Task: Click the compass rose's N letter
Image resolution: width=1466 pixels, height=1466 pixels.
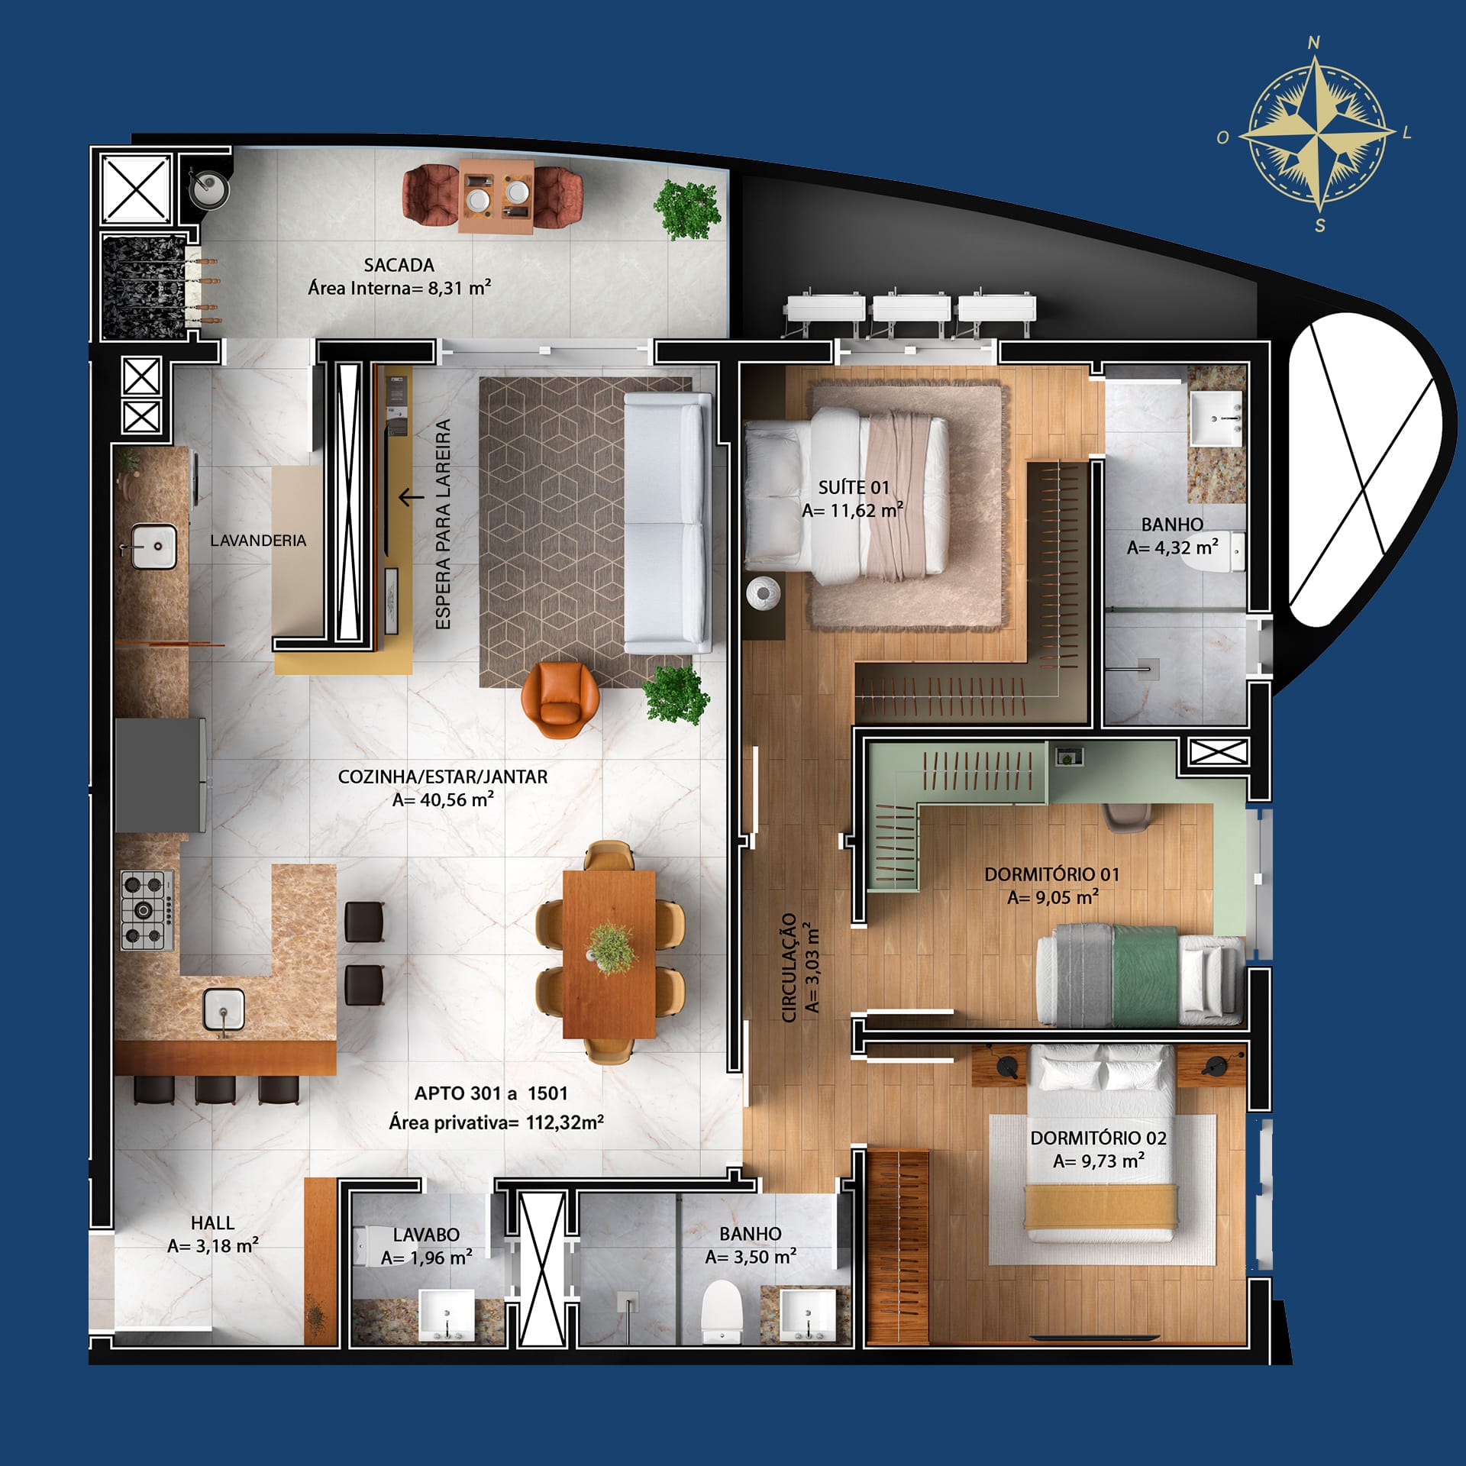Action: [x=1314, y=43]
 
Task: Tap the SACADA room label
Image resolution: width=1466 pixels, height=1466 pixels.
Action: [x=399, y=265]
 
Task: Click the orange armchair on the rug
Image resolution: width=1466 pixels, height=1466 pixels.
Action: [x=560, y=699]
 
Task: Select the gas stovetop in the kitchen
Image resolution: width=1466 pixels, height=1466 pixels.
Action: [x=147, y=910]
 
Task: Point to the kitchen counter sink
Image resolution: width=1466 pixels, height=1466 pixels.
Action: [x=224, y=1009]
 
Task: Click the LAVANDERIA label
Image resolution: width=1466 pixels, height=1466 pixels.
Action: [x=258, y=541]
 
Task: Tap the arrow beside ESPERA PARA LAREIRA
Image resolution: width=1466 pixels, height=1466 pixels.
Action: [x=411, y=498]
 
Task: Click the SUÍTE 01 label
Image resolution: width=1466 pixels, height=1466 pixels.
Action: [x=854, y=487]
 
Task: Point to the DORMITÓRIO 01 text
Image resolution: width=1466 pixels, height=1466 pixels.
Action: [x=1051, y=874]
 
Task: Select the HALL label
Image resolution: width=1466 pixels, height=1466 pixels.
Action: [x=212, y=1222]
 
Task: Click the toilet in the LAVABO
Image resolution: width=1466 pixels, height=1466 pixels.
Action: [x=373, y=1244]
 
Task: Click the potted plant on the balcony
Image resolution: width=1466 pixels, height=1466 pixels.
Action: [x=687, y=208]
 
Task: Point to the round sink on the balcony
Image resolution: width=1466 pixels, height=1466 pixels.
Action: [x=208, y=189]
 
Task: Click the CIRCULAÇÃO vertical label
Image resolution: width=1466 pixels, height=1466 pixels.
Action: [x=790, y=967]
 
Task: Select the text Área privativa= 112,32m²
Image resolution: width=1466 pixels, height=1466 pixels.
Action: [x=496, y=1122]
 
